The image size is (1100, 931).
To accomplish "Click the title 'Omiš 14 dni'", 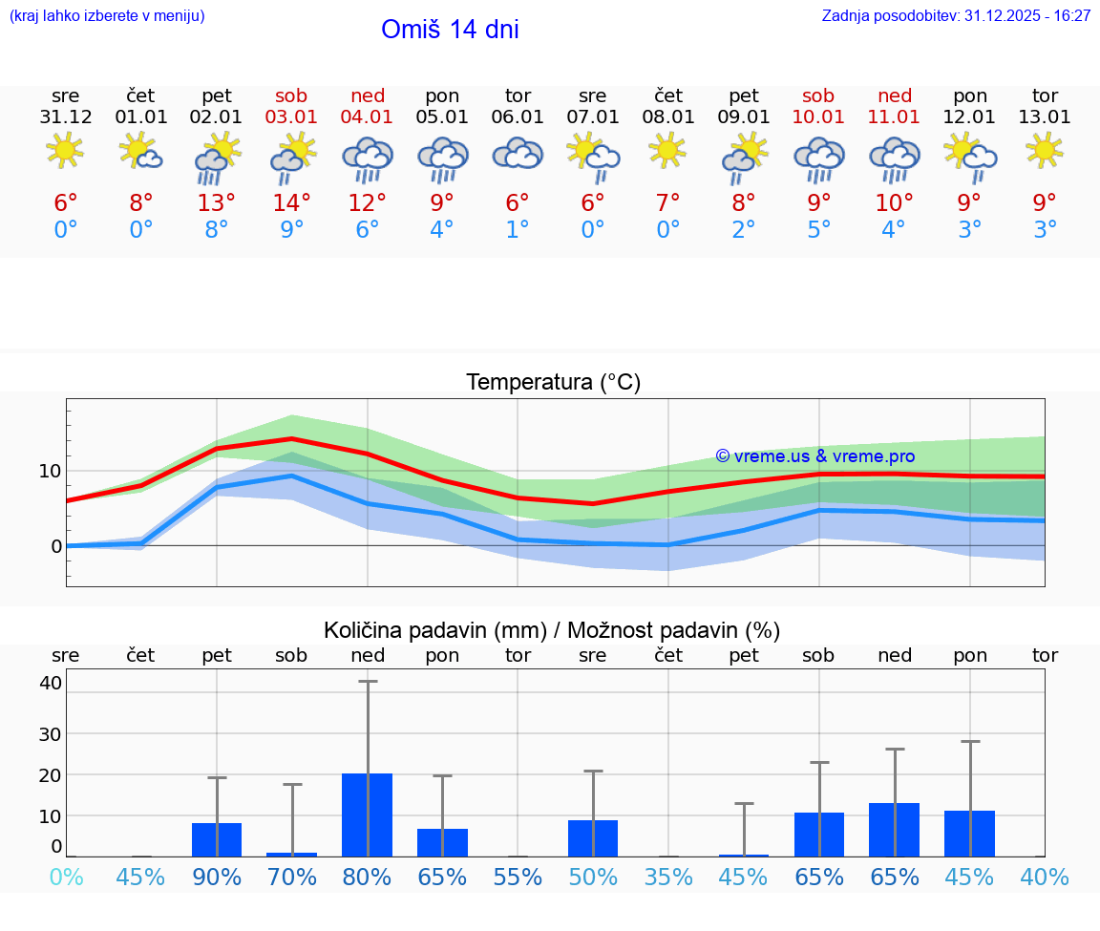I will tap(450, 30).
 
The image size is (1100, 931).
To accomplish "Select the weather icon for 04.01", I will tap(368, 159).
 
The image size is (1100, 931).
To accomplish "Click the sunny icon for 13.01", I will tap(1045, 150).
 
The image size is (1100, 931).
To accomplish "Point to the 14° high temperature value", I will tap(292, 202).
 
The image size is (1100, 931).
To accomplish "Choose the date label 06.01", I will tap(518, 117).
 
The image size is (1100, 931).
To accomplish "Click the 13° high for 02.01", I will tap(217, 202).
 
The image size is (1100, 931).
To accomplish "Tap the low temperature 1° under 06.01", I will tap(518, 230).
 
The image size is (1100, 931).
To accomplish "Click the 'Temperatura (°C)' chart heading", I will tap(553, 383).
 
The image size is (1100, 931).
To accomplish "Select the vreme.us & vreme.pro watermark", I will tap(814, 456).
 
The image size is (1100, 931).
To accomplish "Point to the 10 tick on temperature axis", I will tap(50, 471).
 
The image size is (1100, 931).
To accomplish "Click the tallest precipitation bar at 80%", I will tap(368, 815).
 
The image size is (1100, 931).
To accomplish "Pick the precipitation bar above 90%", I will tap(217, 839).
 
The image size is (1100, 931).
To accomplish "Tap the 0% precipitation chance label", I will tap(66, 877).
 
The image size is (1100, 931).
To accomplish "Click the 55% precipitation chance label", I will tap(518, 877).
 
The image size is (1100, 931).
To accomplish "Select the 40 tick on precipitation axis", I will tap(50, 683).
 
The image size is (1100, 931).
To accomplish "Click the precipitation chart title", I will tap(552, 630).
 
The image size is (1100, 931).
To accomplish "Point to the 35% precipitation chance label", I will tap(668, 877).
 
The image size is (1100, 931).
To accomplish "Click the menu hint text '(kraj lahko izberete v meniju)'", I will tap(107, 15).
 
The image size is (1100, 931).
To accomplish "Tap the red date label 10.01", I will tap(818, 117).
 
